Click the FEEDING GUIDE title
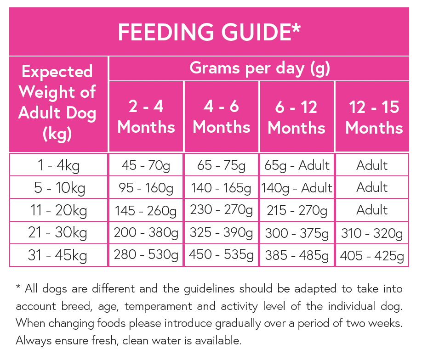click(x=209, y=32)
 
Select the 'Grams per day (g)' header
click(x=260, y=68)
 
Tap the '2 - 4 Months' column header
click(x=146, y=117)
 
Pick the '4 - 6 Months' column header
click(x=222, y=117)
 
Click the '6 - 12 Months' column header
click(x=297, y=117)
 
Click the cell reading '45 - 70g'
click(x=146, y=165)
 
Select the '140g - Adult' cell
click(x=297, y=188)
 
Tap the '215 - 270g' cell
click(x=297, y=210)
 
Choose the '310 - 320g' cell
click(x=372, y=233)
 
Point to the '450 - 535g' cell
click(x=221, y=255)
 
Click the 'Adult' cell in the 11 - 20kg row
click(x=372, y=210)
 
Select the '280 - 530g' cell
click(x=146, y=255)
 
